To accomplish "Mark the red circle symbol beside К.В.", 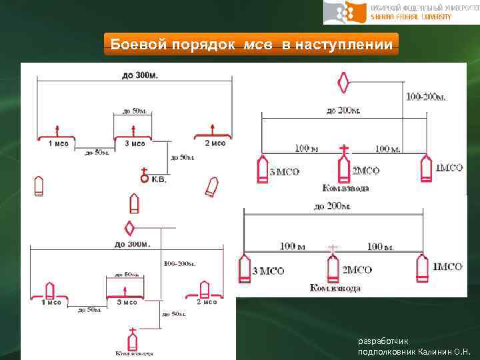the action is click(143, 178).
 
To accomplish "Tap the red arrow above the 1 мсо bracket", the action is click(57, 129).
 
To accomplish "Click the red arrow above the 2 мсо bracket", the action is click(212, 128).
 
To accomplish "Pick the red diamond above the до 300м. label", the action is click(130, 228).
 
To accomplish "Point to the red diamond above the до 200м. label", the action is click(344, 82).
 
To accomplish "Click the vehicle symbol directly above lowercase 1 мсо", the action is click(49, 291).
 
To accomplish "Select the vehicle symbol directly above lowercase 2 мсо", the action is click(205, 290).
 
